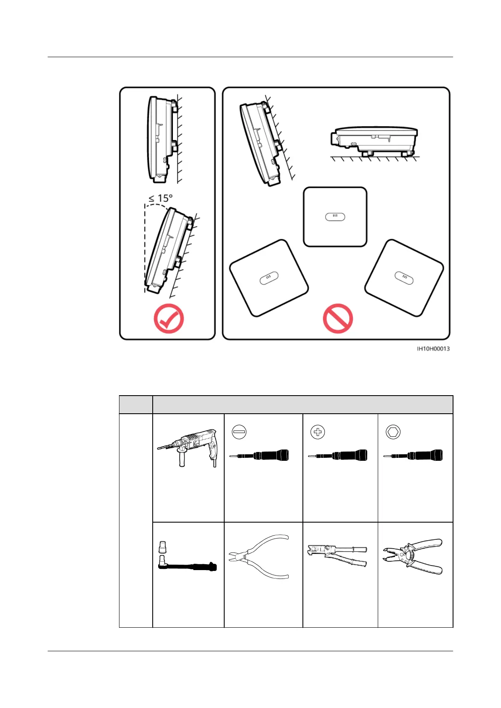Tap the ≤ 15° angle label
pyautogui.click(x=160, y=198)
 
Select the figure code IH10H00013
pyautogui.click(x=433, y=349)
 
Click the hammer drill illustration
pyautogui.click(x=187, y=448)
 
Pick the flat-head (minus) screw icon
pyautogui.click(x=239, y=432)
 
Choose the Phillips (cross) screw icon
pyautogui.click(x=318, y=432)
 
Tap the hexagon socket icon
pyautogui.click(x=393, y=432)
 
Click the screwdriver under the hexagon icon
pyautogui.click(x=413, y=455)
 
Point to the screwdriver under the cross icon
pyautogui.click(x=337, y=455)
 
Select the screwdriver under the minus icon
pyautogui.click(x=259, y=455)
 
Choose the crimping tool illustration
pyautogui.click(x=337, y=555)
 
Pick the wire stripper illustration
pyautogui.click(x=412, y=556)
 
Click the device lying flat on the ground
pyautogui.click(x=374, y=141)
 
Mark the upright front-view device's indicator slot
pyautogui.click(x=335, y=217)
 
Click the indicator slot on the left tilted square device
pyautogui.click(x=269, y=278)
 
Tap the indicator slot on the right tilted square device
pyautogui.click(x=404, y=278)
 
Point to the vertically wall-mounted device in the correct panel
pyautogui.click(x=162, y=140)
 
